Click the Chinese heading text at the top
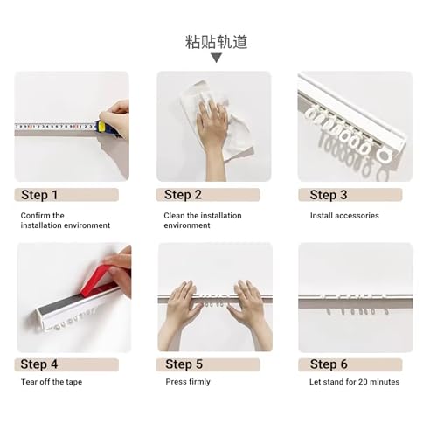click(x=217, y=42)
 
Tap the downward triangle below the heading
click(x=216, y=58)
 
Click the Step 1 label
click(x=39, y=195)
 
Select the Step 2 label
click(x=183, y=195)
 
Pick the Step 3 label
click(x=329, y=195)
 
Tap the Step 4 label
click(x=39, y=364)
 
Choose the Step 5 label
click(x=184, y=364)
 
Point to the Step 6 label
click(x=329, y=364)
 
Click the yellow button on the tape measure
click(x=101, y=127)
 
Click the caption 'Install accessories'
click(x=344, y=216)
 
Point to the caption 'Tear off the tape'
click(x=52, y=382)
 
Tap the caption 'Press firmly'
click(x=188, y=382)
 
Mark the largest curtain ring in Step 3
click(x=385, y=156)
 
